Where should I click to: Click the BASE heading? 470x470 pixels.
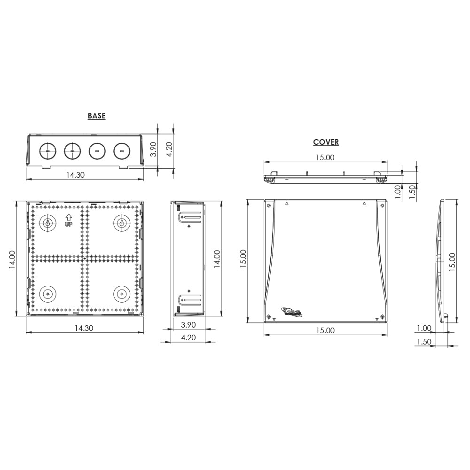tap(96, 116)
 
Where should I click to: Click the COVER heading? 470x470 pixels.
tap(326, 142)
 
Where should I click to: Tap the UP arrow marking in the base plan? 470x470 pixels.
tap(69, 220)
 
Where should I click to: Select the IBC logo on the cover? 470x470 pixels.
tap(292, 312)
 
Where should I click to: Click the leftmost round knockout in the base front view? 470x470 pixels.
tap(47, 151)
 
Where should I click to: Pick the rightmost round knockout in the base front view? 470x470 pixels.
tap(122, 151)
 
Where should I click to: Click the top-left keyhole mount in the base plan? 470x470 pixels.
tap(47, 223)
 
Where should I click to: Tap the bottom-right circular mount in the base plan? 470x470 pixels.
tap(122, 294)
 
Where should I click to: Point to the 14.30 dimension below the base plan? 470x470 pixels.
tap(84, 328)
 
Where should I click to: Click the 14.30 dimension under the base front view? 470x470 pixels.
tap(75, 175)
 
